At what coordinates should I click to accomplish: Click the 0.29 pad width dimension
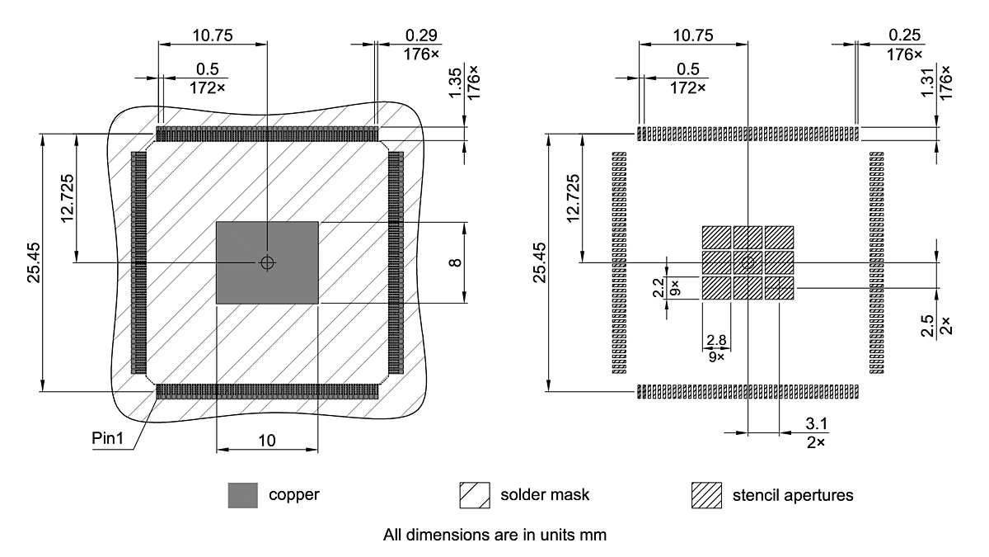tap(421, 35)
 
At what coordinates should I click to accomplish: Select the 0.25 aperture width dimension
tap(905, 35)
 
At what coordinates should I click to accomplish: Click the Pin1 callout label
tap(107, 438)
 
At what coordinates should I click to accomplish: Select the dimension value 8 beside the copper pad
tap(454, 262)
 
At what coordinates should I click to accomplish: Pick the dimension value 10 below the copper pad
tap(267, 441)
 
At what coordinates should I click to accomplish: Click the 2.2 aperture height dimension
tap(658, 287)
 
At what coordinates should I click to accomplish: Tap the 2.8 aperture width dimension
tap(715, 340)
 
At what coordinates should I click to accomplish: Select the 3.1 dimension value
tap(816, 424)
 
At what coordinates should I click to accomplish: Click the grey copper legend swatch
tap(243, 495)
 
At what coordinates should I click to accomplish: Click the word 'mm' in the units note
tap(595, 535)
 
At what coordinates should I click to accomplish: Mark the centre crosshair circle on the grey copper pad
tap(266, 262)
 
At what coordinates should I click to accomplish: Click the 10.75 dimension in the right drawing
tap(692, 35)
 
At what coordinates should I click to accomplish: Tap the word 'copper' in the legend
tap(293, 495)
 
